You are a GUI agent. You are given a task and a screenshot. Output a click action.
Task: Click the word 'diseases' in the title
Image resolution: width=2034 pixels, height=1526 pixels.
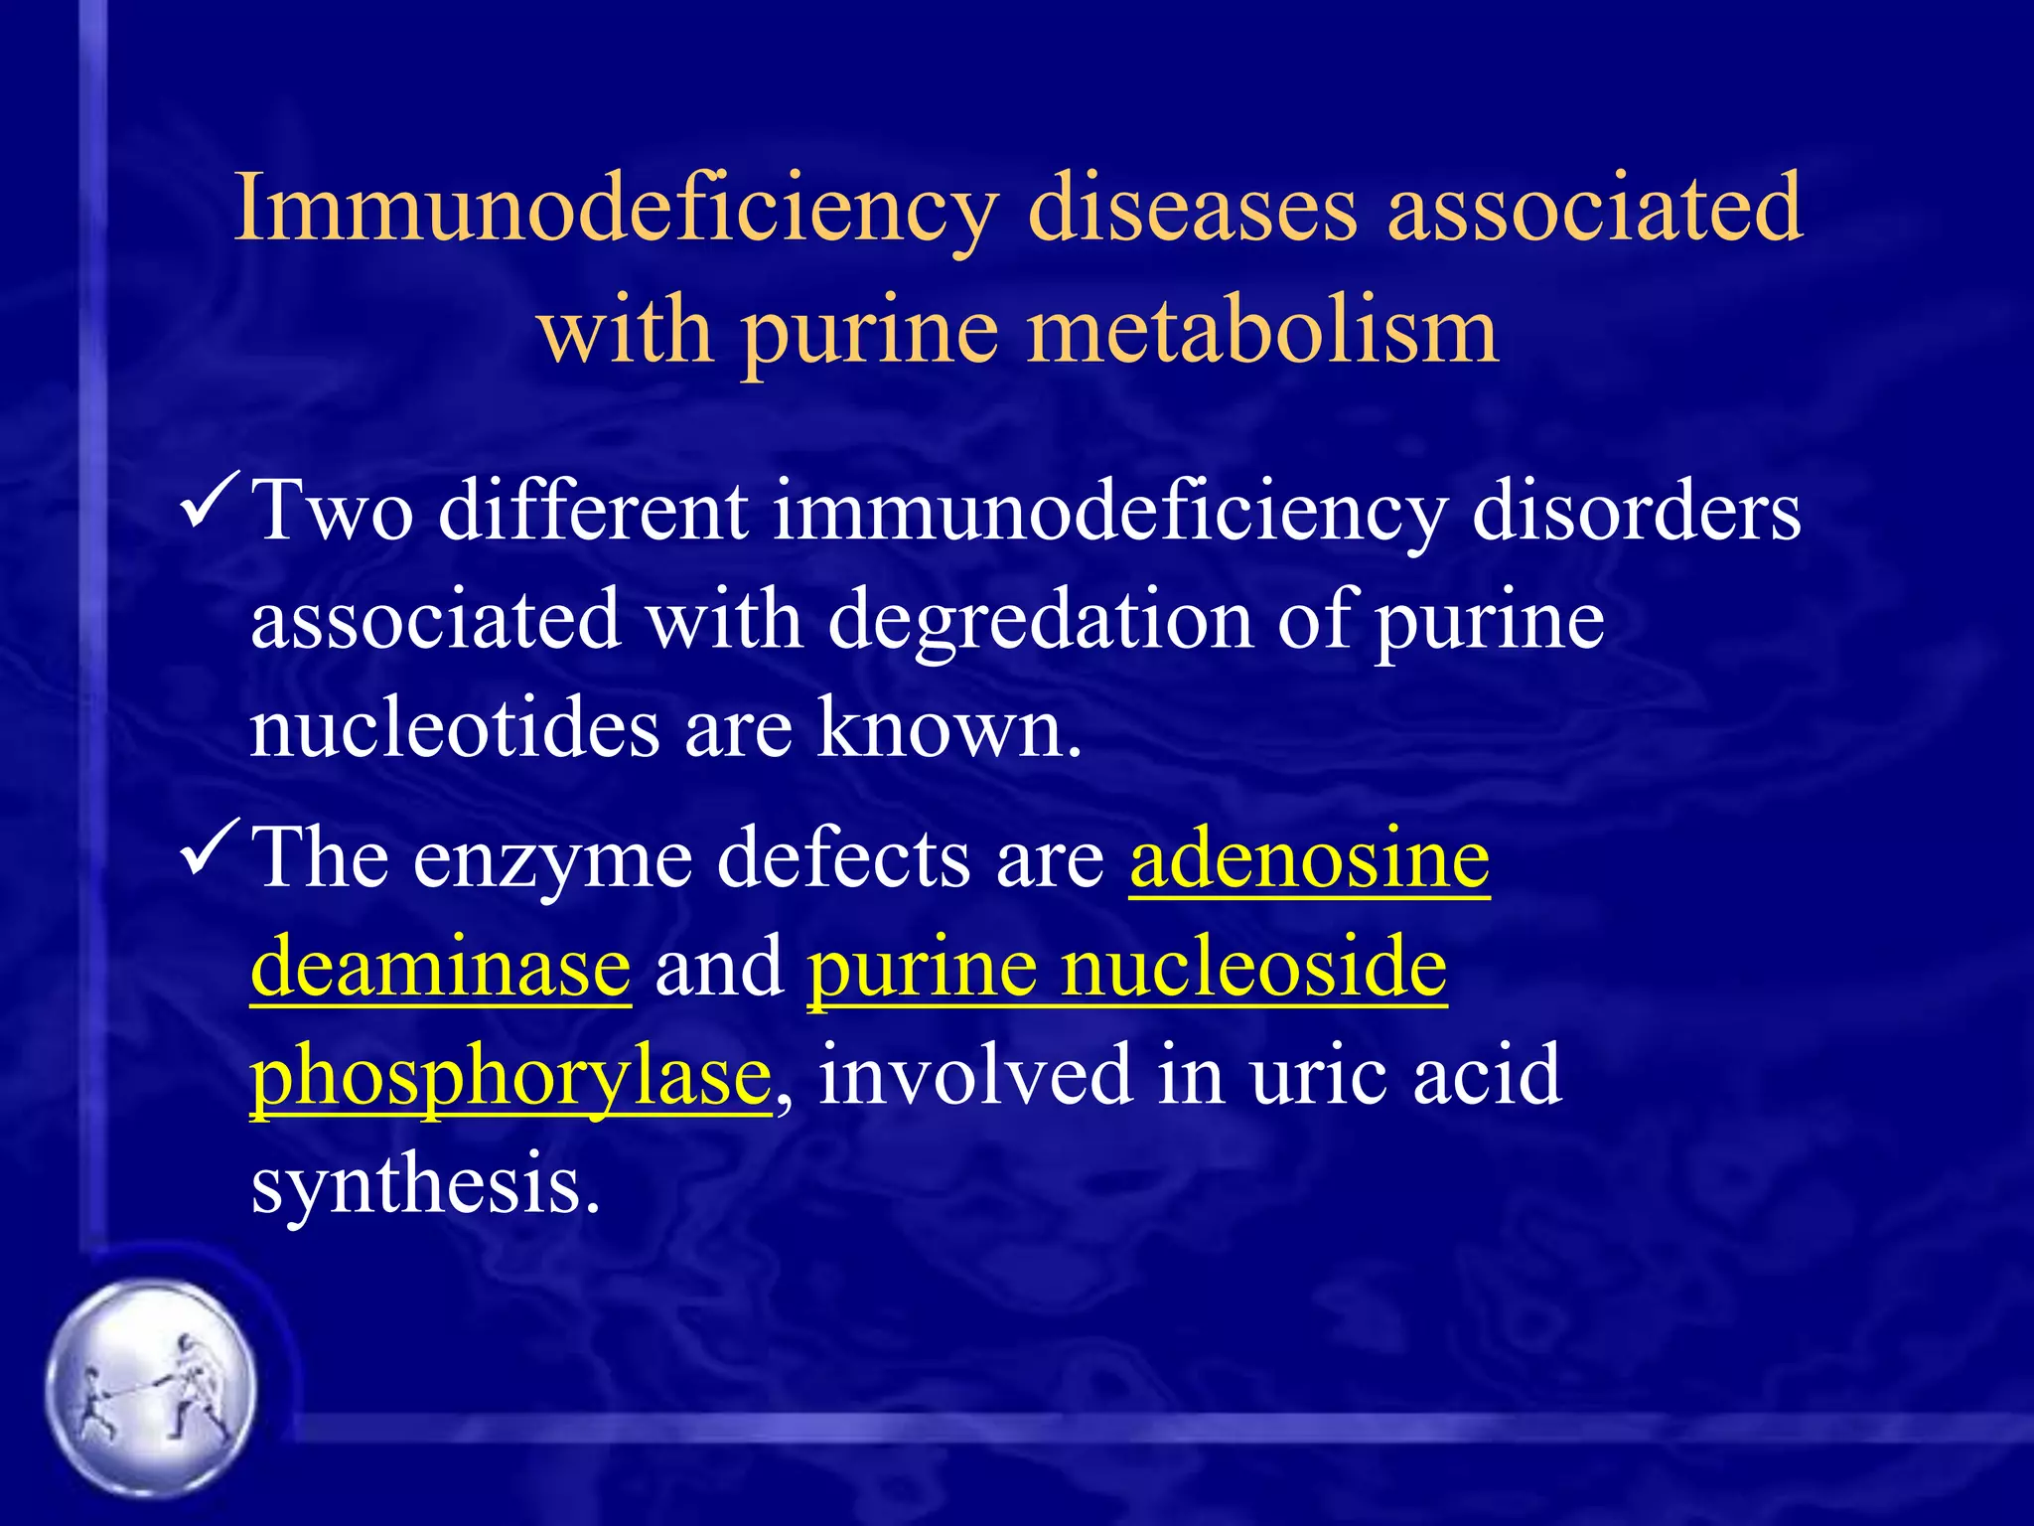[1192, 209]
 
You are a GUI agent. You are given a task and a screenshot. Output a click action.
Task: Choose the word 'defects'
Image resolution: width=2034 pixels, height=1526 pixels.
[842, 858]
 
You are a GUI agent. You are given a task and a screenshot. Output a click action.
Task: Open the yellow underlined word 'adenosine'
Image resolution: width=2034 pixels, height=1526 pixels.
[1309, 858]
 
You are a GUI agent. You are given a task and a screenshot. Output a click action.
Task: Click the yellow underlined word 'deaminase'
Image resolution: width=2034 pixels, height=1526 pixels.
[440, 967]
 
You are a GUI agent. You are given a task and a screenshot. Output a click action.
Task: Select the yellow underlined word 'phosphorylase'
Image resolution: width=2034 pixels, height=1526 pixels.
[510, 1077]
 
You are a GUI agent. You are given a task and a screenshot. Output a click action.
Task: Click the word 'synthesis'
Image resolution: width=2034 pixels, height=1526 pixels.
[425, 1185]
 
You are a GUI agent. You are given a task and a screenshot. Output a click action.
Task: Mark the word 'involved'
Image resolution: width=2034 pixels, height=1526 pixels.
[974, 1075]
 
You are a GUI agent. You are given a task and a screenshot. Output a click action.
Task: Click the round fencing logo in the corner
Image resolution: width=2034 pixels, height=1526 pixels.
[151, 1387]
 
